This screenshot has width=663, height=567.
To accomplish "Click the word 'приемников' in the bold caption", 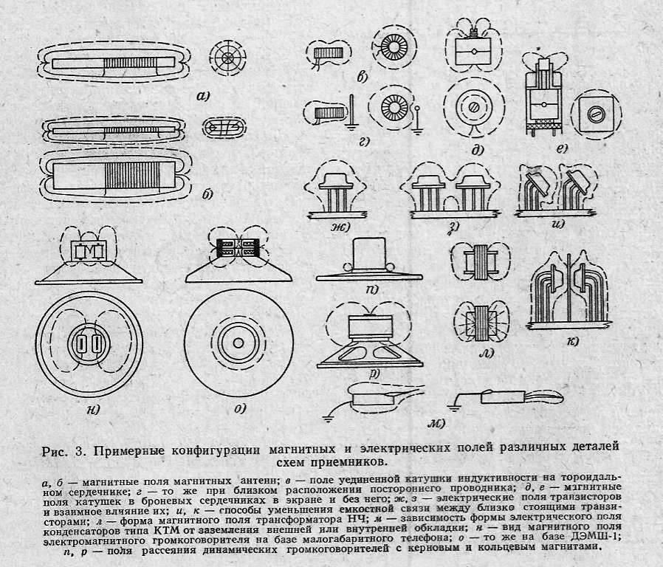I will [x=346, y=462].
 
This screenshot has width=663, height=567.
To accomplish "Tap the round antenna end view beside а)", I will [x=228, y=58].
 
